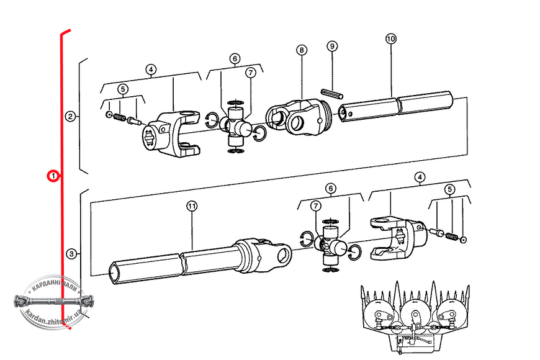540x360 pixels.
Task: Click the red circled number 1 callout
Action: pos(53,176)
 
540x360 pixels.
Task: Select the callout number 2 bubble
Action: pos(70,117)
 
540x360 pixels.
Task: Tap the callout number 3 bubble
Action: pos(71,254)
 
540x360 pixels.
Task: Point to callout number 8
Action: pos(302,50)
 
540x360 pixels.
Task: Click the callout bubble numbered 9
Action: pos(332,46)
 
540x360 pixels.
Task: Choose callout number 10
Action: pos(391,38)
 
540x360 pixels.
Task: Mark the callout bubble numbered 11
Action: pos(192,206)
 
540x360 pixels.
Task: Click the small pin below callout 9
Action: pos(332,93)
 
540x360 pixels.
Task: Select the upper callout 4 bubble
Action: pos(151,70)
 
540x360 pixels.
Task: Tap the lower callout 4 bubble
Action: pos(420,177)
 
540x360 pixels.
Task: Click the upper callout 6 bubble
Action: pos(235,58)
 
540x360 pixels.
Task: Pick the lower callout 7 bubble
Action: pos(316,206)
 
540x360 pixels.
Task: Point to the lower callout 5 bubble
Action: pos(450,189)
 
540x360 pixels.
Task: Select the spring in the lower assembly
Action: pos(451,236)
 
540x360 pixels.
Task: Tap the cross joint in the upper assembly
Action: pos(236,127)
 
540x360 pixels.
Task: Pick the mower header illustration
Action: pos(415,317)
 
